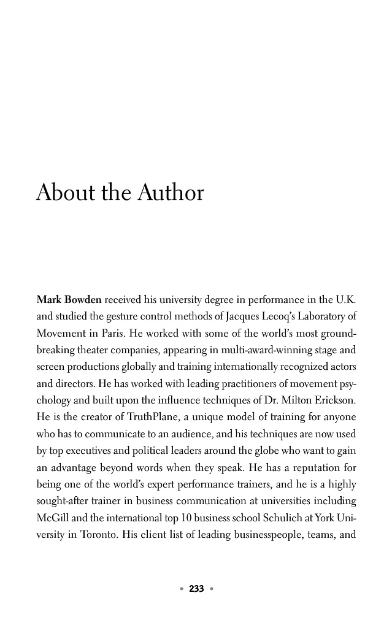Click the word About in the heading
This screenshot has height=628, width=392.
pyautogui.click(x=63, y=193)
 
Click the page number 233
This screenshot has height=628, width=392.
pyautogui.click(x=196, y=589)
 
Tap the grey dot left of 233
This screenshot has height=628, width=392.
pyautogui.click(x=181, y=589)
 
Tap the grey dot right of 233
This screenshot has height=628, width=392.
pyautogui.click(x=212, y=589)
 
